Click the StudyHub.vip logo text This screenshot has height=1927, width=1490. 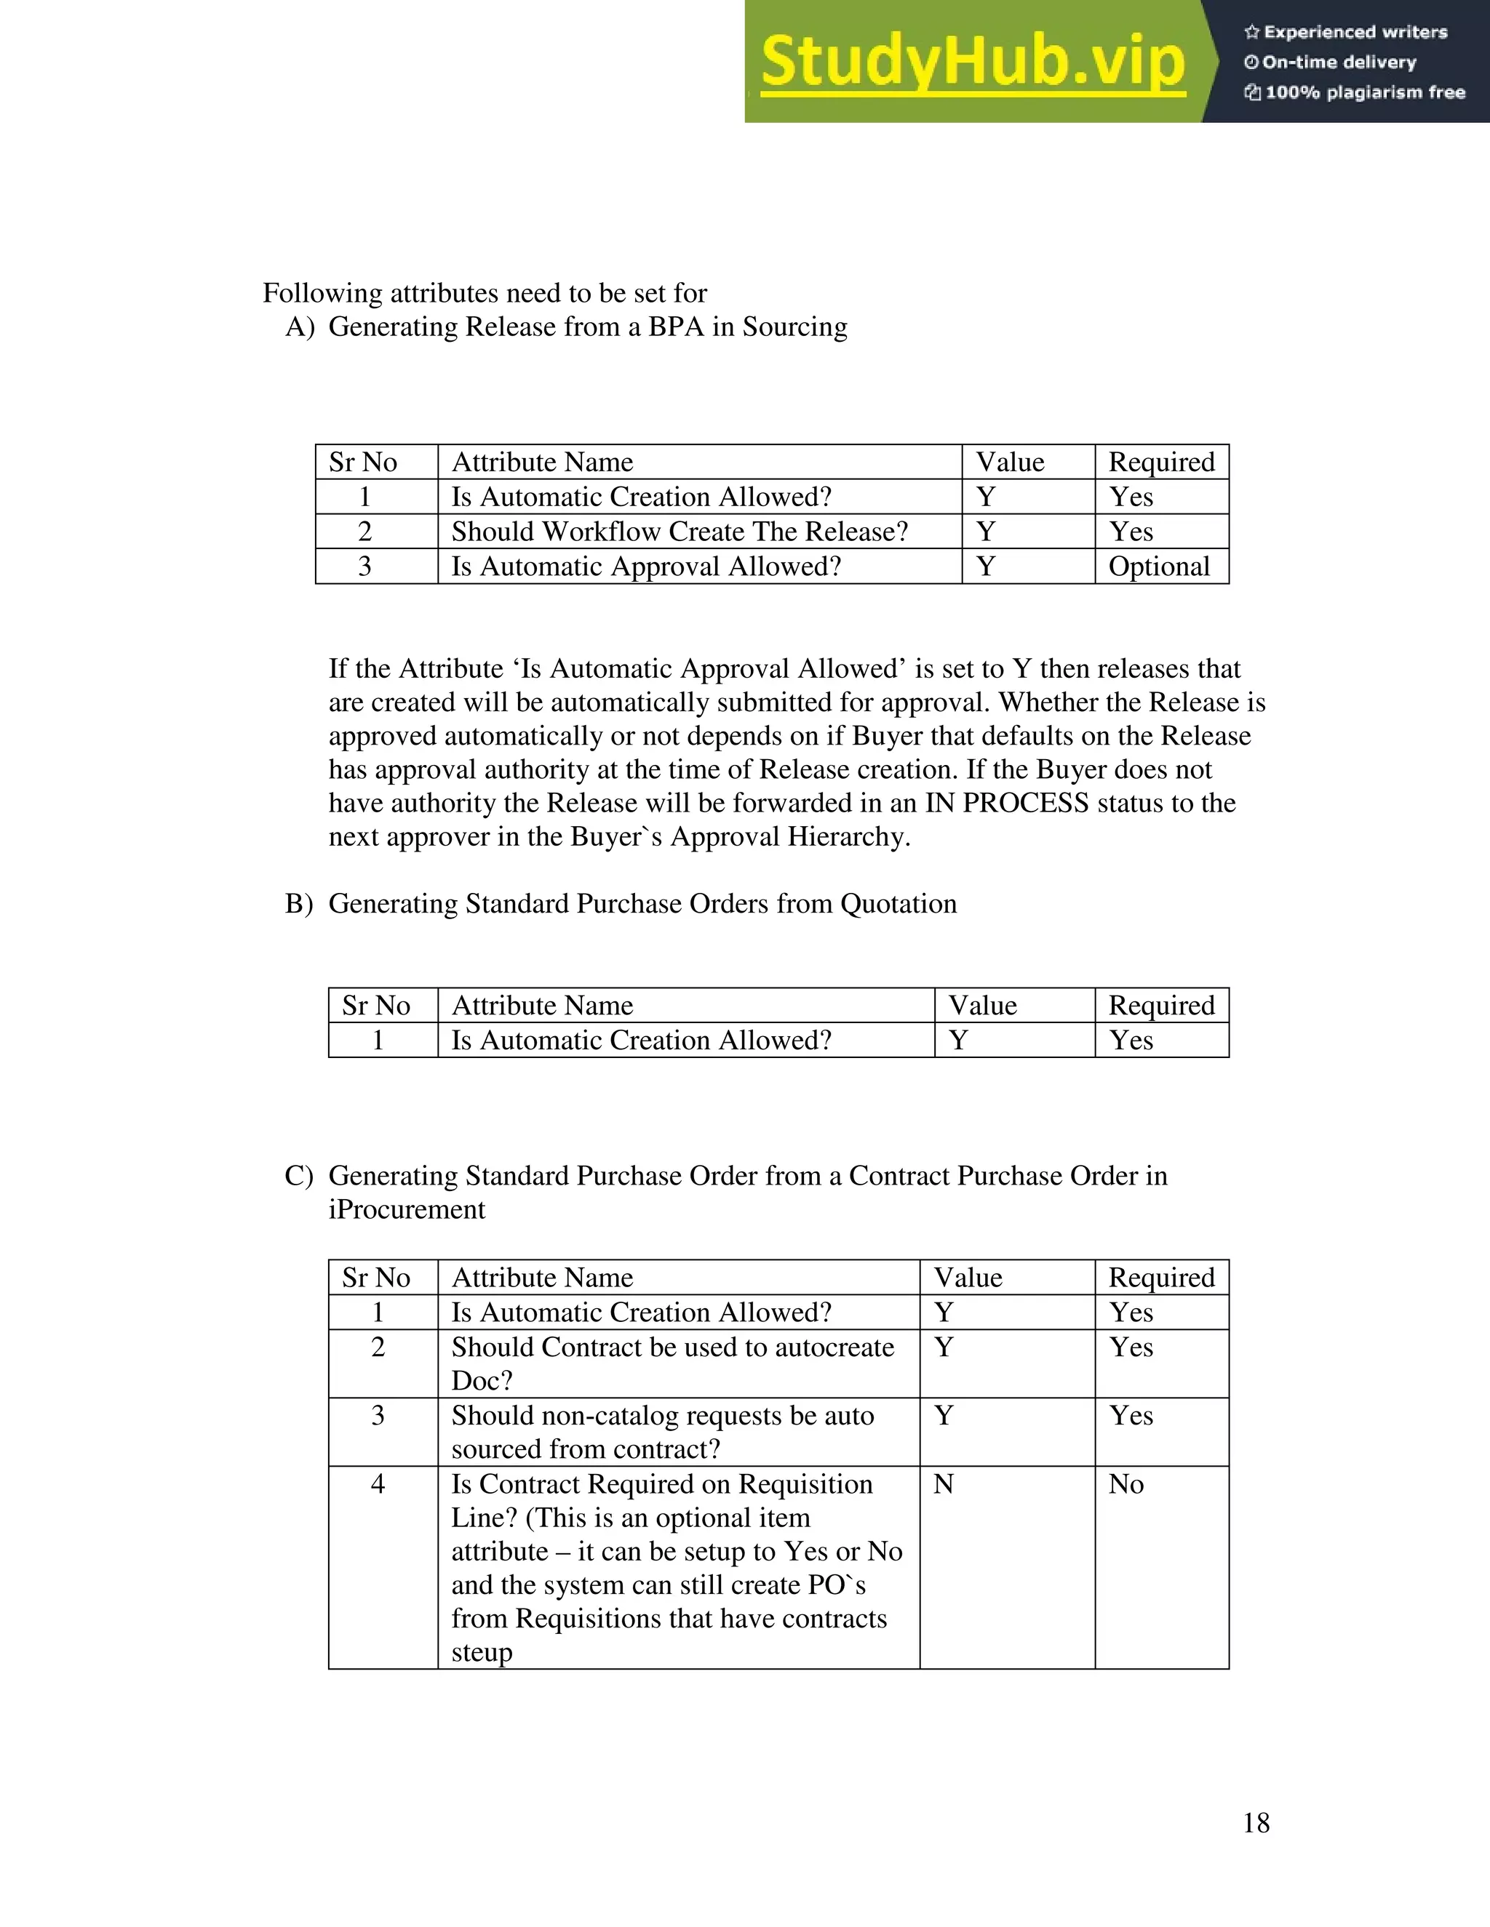(973, 62)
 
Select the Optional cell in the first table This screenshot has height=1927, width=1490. (1158, 566)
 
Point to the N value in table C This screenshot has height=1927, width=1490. (944, 1484)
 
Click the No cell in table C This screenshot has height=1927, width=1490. (1126, 1484)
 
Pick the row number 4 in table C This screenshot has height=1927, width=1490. (378, 1484)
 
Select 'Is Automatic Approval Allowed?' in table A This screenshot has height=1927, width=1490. (646, 566)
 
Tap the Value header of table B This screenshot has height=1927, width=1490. (982, 1006)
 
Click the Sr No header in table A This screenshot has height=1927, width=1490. (363, 462)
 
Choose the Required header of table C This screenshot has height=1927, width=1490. (1160, 1278)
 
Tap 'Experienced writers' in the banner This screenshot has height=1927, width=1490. (1355, 33)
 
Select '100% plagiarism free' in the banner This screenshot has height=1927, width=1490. (1364, 92)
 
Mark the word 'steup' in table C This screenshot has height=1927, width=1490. (481, 1651)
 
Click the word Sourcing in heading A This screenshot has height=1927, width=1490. (794, 327)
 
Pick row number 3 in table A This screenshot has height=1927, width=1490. (364, 566)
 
